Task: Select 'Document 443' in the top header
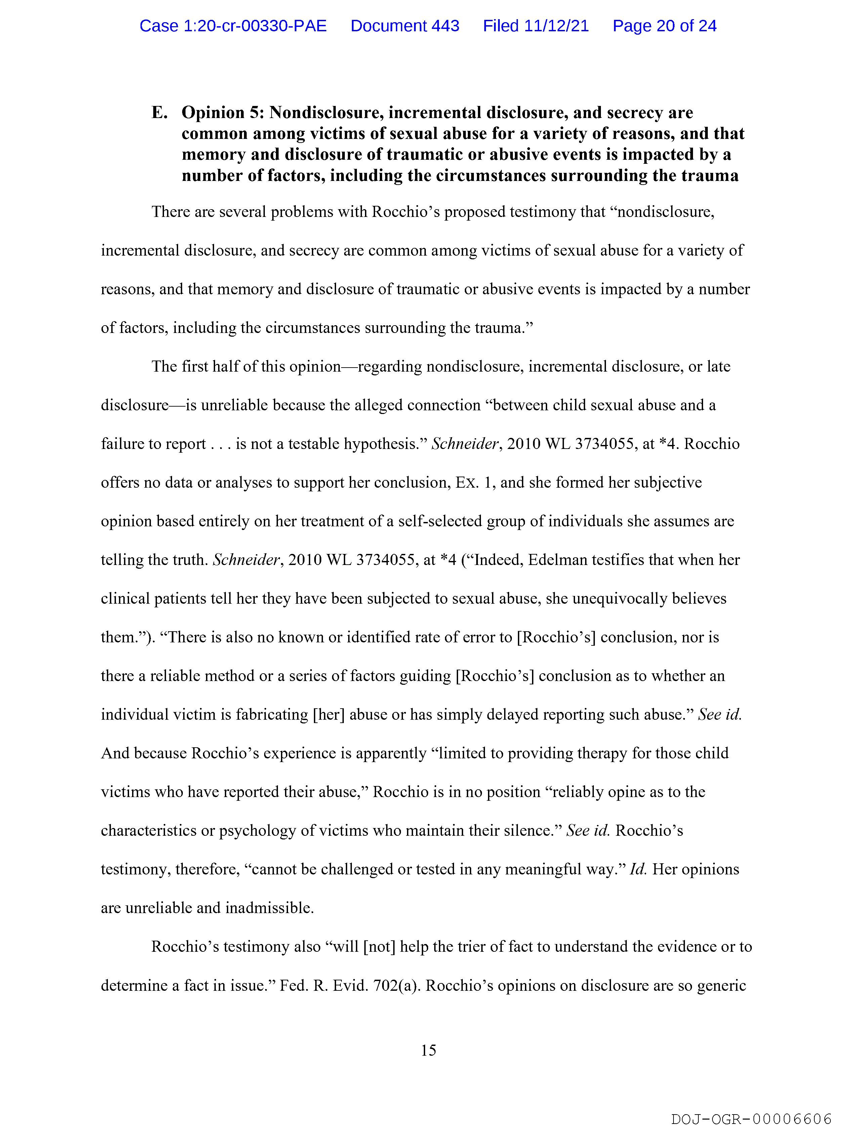[405, 26]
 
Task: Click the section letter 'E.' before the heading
[160, 113]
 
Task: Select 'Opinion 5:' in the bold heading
[222, 113]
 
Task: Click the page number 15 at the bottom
[428, 1050]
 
